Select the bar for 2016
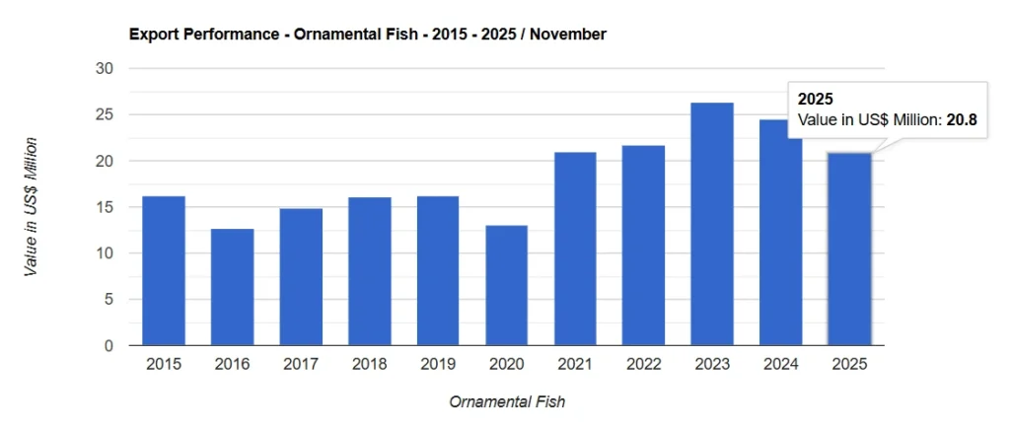click(x=232, y=287)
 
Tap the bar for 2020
click(x=506, y=285)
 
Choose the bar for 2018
click(x=369, y=271)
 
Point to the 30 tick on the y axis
click(x=105, y=69)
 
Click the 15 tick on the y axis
click(x=105, y=207)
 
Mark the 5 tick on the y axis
click(x=108, y=300)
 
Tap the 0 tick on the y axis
click(x=108, y=346)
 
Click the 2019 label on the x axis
click(x=438, y=365)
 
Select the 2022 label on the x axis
click(x=643, y=365)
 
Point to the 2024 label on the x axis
click(x=780, y=365)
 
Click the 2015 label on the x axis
click(x=164, y=365)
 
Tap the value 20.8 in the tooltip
click(x=962, y=119)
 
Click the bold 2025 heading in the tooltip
click(x=815, y=100)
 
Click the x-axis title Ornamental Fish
click(x=507, y=402)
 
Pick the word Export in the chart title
click(x=152, y=35)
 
